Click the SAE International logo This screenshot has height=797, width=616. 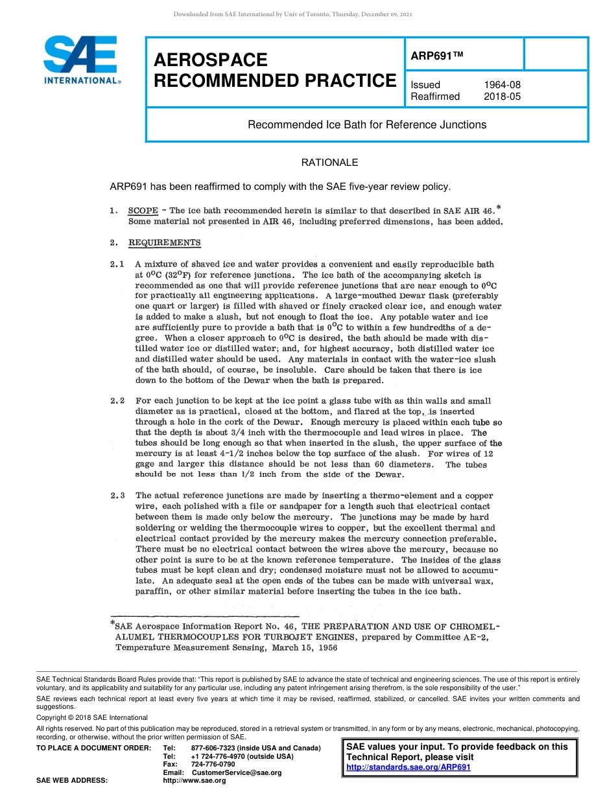coord(80,60)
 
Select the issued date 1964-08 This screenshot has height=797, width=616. coord(502,85)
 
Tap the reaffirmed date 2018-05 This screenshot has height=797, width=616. coord(502,97)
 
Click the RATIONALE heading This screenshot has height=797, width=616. coord(329,163)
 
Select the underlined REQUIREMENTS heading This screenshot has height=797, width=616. coord(165,243)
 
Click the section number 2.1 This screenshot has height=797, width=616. coord(117,264)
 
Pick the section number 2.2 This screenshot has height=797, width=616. coord(117,401)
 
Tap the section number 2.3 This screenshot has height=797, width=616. coord(117,496)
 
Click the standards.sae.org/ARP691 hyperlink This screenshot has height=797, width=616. coord(409,767)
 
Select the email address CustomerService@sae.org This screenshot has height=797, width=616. coord(237,772)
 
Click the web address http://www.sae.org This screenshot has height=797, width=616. coord(194,781)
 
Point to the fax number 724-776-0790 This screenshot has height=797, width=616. coord(213,765)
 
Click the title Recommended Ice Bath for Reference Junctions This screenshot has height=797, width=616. coord(367,124)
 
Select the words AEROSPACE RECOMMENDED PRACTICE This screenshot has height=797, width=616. coord(275,70)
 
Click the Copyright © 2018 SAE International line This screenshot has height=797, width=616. coord(92,717)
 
